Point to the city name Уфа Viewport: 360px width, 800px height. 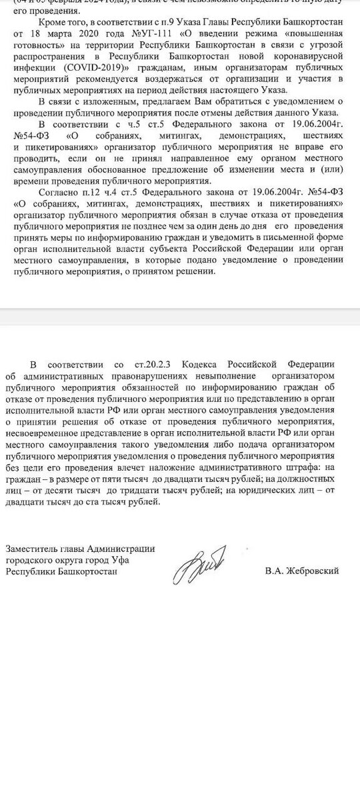pyautogui.click(x=121, y=560)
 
